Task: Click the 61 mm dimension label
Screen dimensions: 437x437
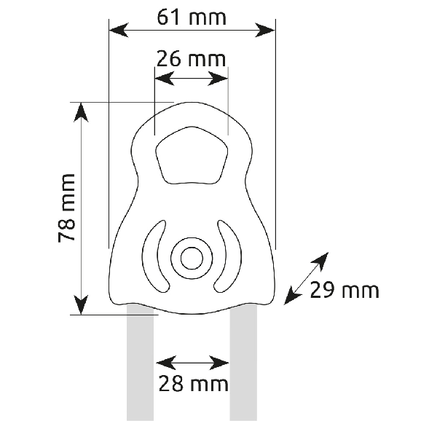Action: coord(192,17)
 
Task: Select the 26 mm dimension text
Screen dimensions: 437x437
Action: coord(191,59)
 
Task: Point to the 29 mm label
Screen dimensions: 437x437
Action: coord(345,290)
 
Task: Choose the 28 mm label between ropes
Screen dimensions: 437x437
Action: coord(194,384)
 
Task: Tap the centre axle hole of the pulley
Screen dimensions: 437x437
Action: coord(192,259)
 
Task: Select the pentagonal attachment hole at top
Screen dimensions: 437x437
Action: coord(192,156)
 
